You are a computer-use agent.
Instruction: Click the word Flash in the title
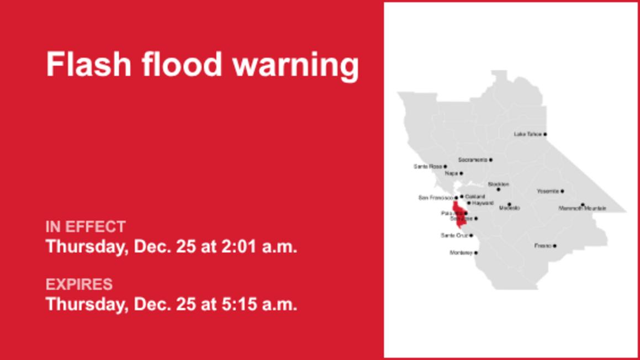click(89, 65)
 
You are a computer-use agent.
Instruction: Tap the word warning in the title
click(295, 66)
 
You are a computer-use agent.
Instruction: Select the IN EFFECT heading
click(86, 227)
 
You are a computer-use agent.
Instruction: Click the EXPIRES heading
click(79, 285)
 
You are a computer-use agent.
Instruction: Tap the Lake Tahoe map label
click(527, 134)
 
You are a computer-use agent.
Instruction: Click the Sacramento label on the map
click(473, 160)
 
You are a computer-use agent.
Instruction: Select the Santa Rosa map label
click(428, 166)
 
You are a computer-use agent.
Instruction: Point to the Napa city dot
click(461, 173)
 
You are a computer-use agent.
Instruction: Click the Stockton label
click(498, 184)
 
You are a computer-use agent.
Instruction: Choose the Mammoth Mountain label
click(582, 209)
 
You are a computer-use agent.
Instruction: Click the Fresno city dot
click(554, 246)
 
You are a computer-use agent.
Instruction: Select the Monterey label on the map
click(462, 253)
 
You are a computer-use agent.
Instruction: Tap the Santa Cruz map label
click(455, 236)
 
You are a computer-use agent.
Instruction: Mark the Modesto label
click(509, 208)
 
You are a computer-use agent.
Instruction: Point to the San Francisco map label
click(436, 198)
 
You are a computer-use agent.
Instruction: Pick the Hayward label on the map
click(482, 203)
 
